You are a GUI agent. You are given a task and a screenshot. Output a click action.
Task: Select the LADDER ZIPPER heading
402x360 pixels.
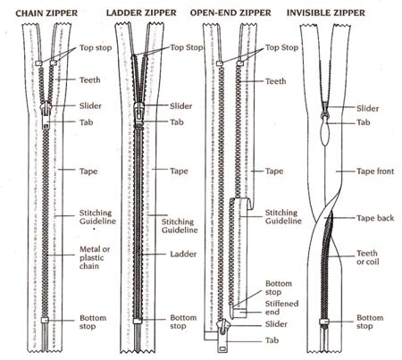(144, 13)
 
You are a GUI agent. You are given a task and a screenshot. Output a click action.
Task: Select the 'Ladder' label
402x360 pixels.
(184, 253)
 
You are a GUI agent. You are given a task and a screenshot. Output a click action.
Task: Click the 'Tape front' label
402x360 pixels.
(374, 172)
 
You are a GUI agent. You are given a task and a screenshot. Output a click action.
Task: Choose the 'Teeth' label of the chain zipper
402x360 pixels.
(90, 79)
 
